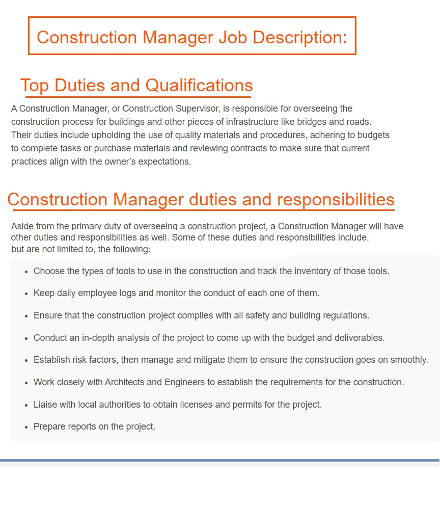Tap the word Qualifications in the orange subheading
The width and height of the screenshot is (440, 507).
199,85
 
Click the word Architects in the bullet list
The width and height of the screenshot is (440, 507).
126,382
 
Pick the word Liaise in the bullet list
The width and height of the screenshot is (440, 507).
45,405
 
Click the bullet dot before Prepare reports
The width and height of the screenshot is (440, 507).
26,428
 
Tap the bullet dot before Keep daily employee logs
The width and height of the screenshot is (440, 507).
26,294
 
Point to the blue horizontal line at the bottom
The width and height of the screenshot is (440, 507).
219,460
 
